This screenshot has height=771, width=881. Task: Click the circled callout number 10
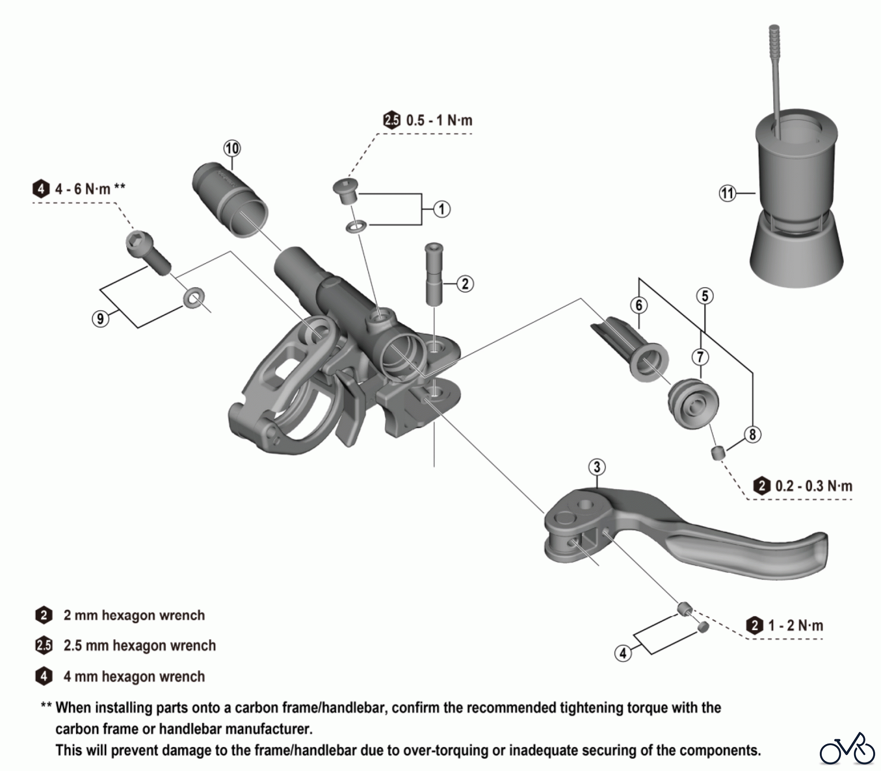tap(232, 148)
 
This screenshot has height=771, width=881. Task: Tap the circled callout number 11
tap(727, 193)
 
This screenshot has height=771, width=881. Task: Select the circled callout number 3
tap(597, 467)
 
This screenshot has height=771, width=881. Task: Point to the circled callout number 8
tap(752, 434)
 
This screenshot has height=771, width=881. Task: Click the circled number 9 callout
tap(100, 319)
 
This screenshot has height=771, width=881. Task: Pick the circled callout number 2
tap(465, 284)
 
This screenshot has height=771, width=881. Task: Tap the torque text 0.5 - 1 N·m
tap(439, 120)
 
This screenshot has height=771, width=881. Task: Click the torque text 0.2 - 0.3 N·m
tap(813, 486)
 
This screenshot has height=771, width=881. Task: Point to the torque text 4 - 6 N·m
tap(83, 189)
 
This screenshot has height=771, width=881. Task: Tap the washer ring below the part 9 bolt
tap(194, 297)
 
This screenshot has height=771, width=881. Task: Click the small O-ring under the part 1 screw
tap(355, 227)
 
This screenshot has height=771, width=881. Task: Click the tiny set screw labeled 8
tap(718, 453)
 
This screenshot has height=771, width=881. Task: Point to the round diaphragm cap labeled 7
tap(693, 404)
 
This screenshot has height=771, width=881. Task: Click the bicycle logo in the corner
tap(847, 749)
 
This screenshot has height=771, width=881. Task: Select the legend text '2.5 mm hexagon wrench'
tap(139, 646)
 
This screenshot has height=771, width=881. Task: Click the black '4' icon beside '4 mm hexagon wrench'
tap(44, 677)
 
